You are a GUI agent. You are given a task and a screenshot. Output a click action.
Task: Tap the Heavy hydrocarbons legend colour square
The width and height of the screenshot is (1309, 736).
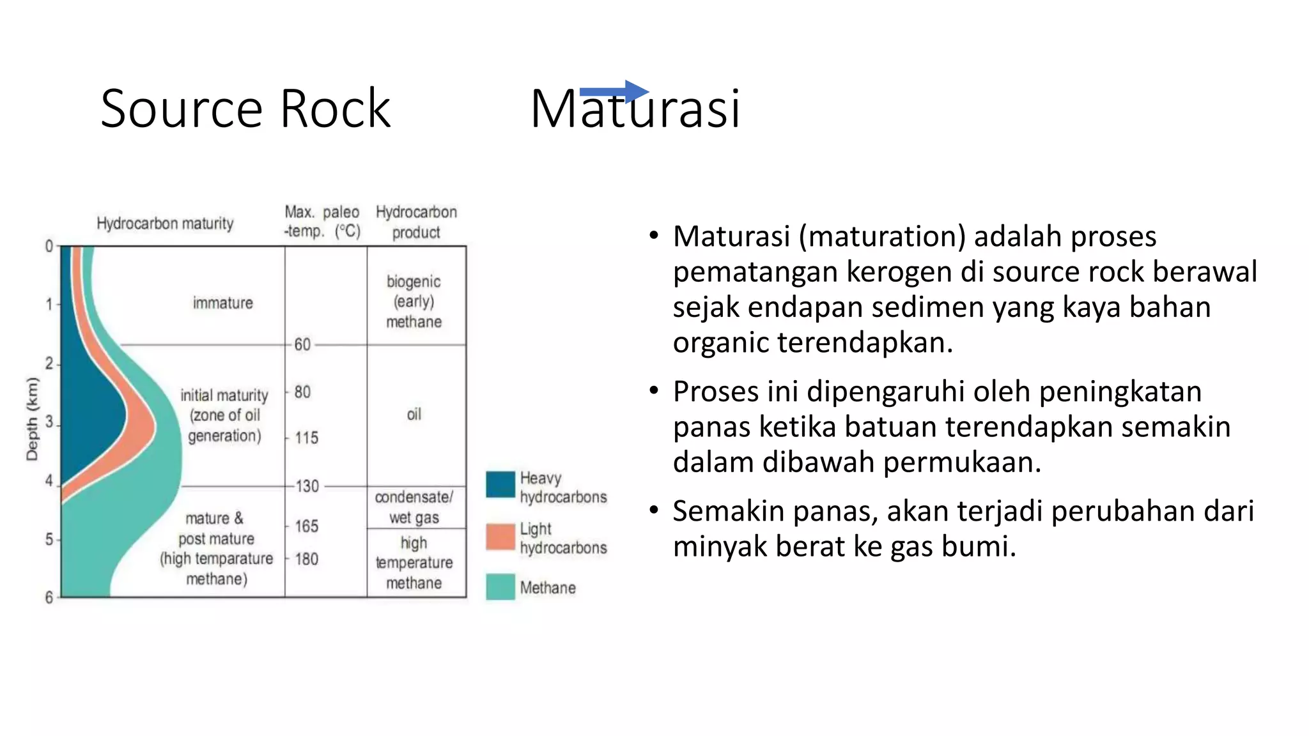tap(500, 484)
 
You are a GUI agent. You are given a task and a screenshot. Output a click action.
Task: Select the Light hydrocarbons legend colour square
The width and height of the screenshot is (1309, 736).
tap(500, 537)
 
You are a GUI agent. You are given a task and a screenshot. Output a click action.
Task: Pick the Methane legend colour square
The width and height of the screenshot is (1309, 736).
tap(500, 586)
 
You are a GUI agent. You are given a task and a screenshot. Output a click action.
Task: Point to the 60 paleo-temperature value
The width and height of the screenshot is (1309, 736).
tap(302, 345)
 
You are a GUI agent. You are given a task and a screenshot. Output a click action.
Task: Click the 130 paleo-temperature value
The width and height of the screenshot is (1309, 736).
tap(307, 486)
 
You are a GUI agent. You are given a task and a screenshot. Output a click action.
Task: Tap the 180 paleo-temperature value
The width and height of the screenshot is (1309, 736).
tap(307, 559)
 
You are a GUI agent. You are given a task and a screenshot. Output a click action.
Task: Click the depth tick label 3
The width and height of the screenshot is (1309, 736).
tap(49, 422)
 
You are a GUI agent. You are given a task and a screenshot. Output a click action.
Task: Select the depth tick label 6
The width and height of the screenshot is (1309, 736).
tap(49, 597)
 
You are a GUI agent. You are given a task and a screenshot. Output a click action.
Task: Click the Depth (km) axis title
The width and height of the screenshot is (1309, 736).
tap(32, 418)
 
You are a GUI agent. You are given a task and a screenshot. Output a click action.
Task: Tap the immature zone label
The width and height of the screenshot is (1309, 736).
tap(223, 303)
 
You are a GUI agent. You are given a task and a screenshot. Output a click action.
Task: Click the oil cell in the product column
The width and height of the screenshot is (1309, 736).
tap(414, 415)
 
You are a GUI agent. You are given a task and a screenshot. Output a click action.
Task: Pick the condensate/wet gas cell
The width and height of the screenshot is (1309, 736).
tap(414, 507)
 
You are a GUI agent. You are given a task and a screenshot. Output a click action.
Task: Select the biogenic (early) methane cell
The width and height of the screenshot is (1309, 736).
tap(414, 302)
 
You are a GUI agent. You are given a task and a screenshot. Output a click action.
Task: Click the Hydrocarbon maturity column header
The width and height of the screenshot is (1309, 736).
tap(165, 224)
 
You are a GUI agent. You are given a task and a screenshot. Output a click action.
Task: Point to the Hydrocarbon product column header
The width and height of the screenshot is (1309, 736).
tap(416, 222)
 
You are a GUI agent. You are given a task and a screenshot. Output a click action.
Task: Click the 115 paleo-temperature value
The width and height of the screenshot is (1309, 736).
tap(307, 438)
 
